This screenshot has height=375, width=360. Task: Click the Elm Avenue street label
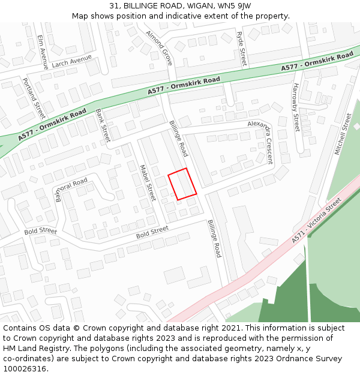tap(43, 52)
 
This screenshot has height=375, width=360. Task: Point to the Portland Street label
tap(34, 98)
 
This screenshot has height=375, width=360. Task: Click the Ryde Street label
tap(241, 49)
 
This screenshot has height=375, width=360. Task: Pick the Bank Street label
tap(103, 124)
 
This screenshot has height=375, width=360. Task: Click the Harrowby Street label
tap(295, 107)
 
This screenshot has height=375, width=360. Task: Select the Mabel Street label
tap(148, 183)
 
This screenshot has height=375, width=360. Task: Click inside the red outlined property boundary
tap(182, 184)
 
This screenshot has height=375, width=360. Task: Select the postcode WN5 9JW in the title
tap(235, 5)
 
